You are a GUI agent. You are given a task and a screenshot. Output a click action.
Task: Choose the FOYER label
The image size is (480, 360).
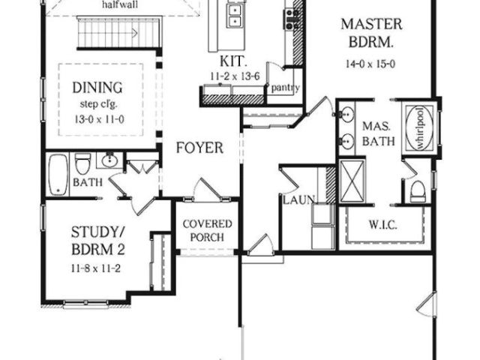pos(199,148)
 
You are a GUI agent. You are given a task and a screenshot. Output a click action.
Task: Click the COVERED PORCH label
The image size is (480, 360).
pos(207,231)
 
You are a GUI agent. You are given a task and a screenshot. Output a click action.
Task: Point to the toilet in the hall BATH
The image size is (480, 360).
pos(82,163)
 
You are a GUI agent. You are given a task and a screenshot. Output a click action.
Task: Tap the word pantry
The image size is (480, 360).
pos(285,87)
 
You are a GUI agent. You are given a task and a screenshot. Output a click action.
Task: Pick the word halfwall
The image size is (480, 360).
pos(119,4)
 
